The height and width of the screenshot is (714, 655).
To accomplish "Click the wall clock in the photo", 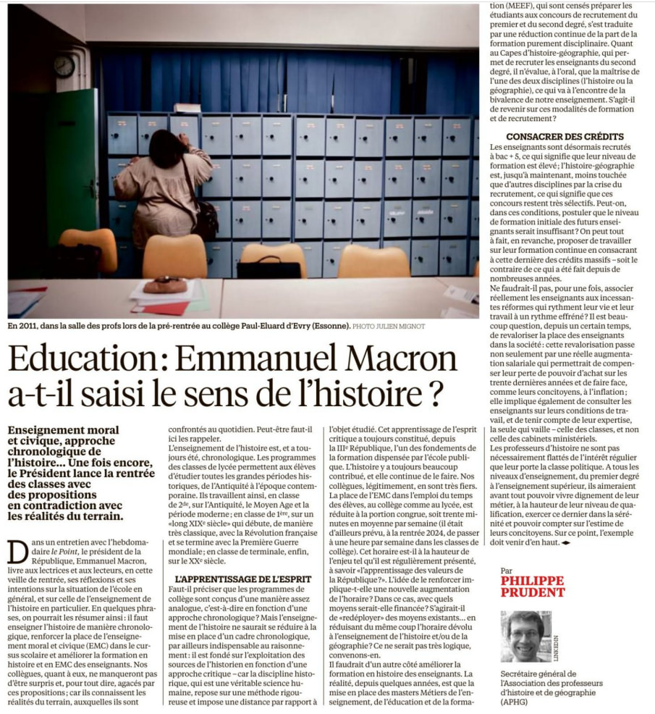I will [x=64, y=67].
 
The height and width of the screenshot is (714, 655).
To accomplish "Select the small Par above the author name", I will [x=507, y=570].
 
